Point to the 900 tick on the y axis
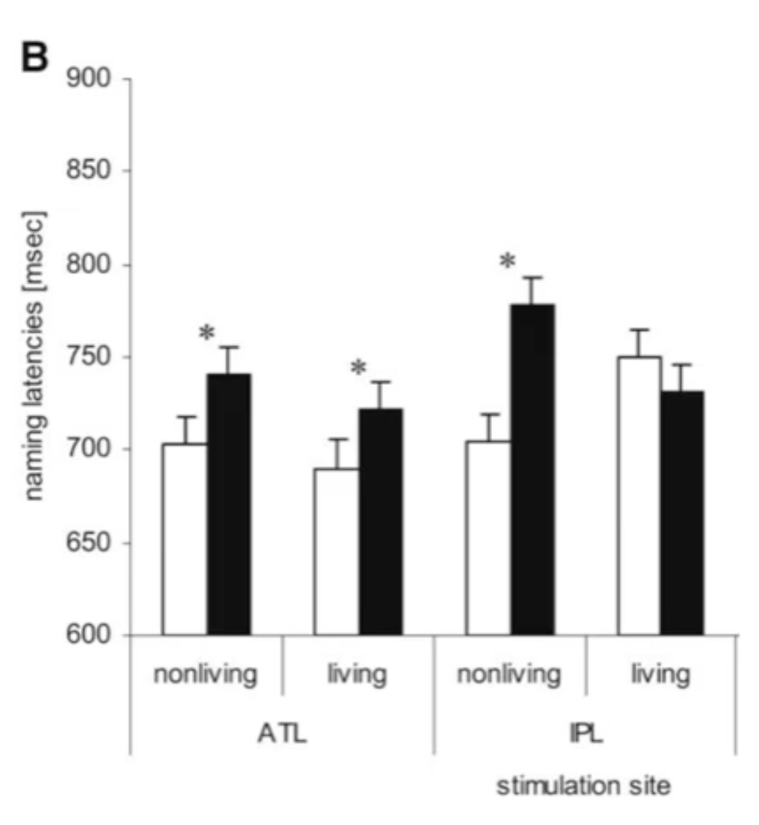(88, 78)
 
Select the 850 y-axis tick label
(88, 171)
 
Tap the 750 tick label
(88, 357)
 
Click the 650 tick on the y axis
(88, 542)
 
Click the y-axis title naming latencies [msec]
(34, 356)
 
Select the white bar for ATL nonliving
(184, 539)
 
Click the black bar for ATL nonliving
(229, 504)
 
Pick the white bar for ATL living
(336, 551)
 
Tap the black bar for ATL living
(381, 522)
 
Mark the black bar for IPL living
(683, 513)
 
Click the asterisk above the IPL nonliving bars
(508, 261)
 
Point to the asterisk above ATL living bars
(358, 368)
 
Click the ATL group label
(282, 734)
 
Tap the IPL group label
(586, 734)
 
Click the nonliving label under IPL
(509, 674)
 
